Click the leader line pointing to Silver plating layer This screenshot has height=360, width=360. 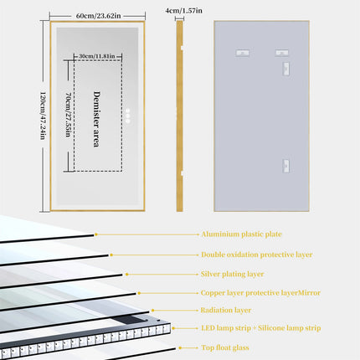(160, 273)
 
